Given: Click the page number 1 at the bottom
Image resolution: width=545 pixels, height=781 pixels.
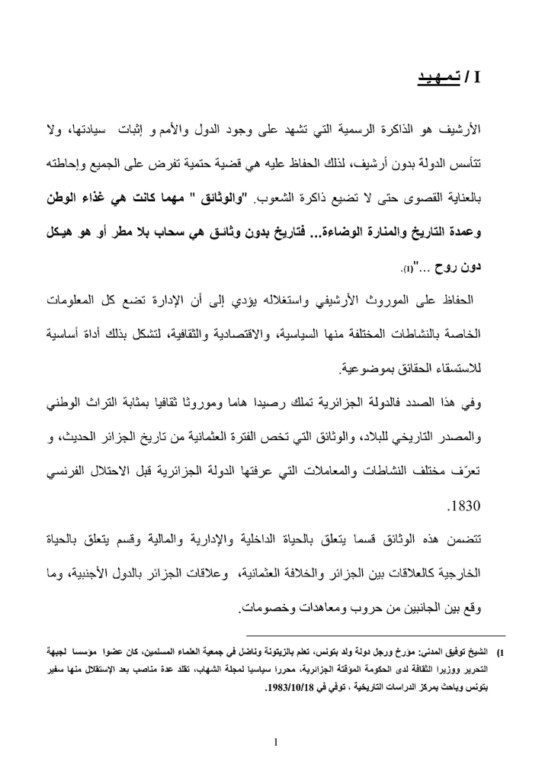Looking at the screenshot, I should [x=273, y=741].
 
